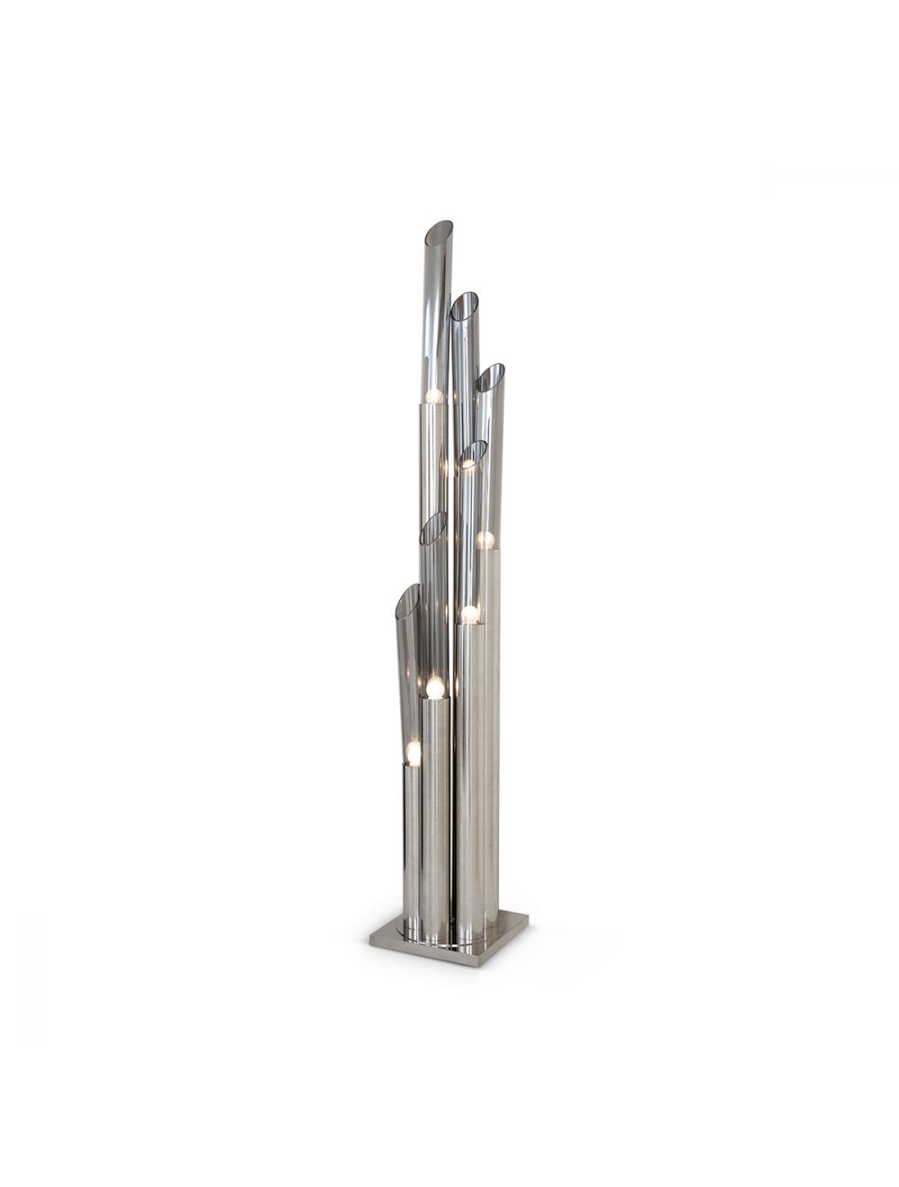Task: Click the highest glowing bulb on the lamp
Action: point(434,395)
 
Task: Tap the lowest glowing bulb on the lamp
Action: point(413,752)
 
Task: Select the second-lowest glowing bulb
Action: point(435,689)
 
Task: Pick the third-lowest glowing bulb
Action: point(469,614)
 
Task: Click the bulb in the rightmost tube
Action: point(485,540)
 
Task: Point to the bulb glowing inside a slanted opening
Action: point(467,463)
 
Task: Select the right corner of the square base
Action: point(527,918)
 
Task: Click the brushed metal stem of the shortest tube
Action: point(412,845)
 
